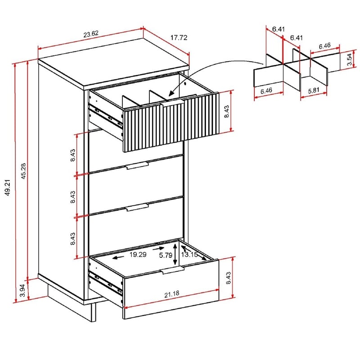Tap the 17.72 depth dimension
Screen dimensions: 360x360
(179, 38)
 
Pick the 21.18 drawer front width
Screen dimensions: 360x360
(171, 295)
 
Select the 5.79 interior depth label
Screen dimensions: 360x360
(165, 255)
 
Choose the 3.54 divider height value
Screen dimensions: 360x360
(349, 60)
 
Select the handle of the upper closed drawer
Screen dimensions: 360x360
(137, 166)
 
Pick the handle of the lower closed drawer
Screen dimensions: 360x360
(137, 207)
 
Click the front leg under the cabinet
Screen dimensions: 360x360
(94, 311)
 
